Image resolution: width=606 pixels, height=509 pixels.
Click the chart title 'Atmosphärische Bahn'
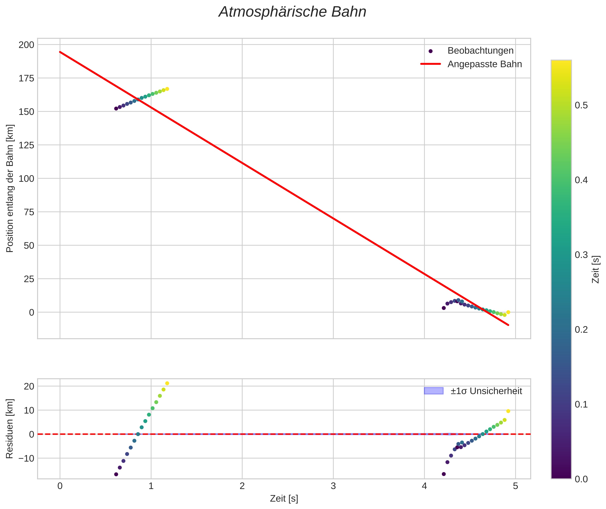(x=292, y=12)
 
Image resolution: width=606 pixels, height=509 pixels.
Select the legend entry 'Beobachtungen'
(x=480, y=51)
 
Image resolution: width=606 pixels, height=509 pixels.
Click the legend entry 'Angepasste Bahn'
(x=484, y=64)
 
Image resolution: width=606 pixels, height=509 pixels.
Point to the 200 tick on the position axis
(x=26, y=45)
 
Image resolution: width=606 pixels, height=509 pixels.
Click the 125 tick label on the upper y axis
(x=26, y=145)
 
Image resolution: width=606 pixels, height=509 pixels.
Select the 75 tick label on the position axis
(x=29, y=212)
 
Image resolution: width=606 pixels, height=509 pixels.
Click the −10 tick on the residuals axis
(x=27, y=458)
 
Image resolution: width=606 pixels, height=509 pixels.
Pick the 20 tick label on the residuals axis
(x=29, y=386)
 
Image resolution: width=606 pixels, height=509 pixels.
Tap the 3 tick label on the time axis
(x=333, y=486)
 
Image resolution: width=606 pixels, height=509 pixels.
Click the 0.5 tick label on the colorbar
(x=581, y=105)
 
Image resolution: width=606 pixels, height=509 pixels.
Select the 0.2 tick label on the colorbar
(x=581, y=330)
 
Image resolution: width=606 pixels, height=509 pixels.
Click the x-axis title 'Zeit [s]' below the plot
(x=284, y=499)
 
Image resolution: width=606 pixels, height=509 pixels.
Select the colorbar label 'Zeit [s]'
(x=596, y=269)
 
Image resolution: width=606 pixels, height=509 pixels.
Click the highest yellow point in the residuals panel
(x=167, y=383)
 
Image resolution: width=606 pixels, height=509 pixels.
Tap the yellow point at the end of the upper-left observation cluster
(x=167, y=89)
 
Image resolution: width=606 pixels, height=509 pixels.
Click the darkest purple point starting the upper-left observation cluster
(x=116, y=109)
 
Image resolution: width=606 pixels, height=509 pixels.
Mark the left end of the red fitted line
(x=60, y=52)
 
